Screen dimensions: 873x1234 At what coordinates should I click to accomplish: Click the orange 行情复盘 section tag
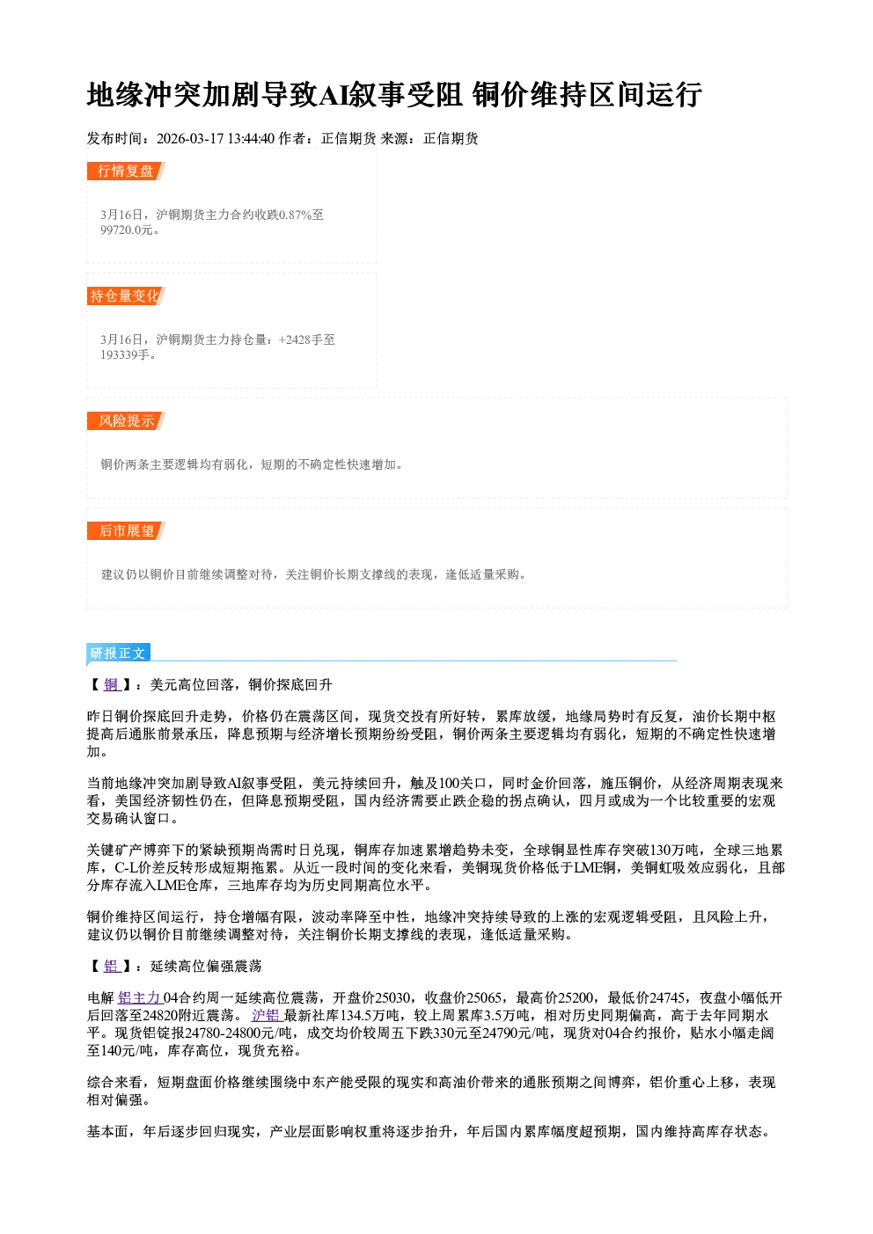click(126, 171)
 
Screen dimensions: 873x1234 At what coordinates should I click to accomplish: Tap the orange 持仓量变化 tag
click(126, 296)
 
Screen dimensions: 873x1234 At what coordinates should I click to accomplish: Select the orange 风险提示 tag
click(126, 421)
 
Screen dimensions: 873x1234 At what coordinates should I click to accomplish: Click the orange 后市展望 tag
click(126, 530)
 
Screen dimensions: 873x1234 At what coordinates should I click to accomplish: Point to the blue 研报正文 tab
click(118, 654)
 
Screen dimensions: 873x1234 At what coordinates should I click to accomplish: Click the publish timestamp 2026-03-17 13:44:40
click(216, 138)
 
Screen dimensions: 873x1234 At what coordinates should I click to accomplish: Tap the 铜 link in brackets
click(112, 685)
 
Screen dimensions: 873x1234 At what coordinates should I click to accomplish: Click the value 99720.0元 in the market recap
click(126, 230)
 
